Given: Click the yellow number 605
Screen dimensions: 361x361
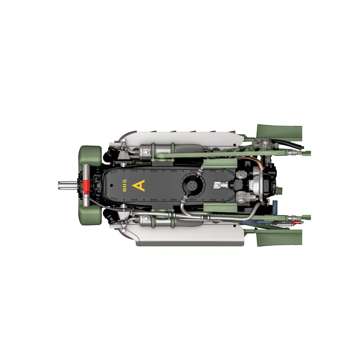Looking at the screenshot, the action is (x=124, y=185).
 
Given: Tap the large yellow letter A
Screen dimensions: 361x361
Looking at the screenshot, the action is (x=138, y=186).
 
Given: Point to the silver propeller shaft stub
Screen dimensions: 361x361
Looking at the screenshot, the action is (x=67, y=186).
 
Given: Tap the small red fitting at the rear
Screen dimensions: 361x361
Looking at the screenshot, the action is (x=294, y=222).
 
